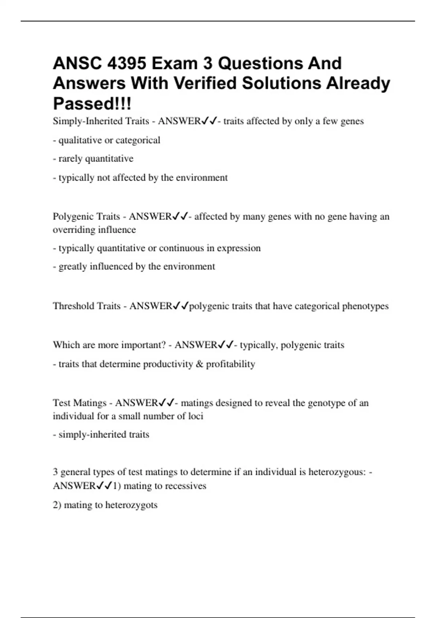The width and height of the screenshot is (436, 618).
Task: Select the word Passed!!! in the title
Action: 92,104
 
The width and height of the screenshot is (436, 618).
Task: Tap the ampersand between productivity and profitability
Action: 199,364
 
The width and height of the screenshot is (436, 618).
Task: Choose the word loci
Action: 195,416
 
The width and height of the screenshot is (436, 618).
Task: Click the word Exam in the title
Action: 173,64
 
